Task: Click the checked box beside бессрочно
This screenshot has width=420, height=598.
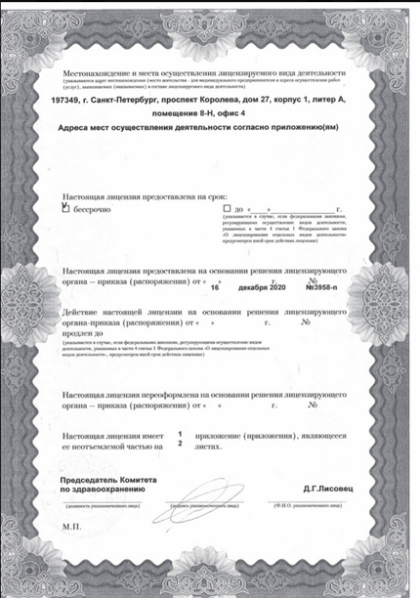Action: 65,207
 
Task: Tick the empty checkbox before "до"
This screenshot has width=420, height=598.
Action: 227,208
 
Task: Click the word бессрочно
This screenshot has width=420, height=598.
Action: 93,208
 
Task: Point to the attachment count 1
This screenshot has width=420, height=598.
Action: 180,432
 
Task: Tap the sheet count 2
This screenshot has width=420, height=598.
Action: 180,443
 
